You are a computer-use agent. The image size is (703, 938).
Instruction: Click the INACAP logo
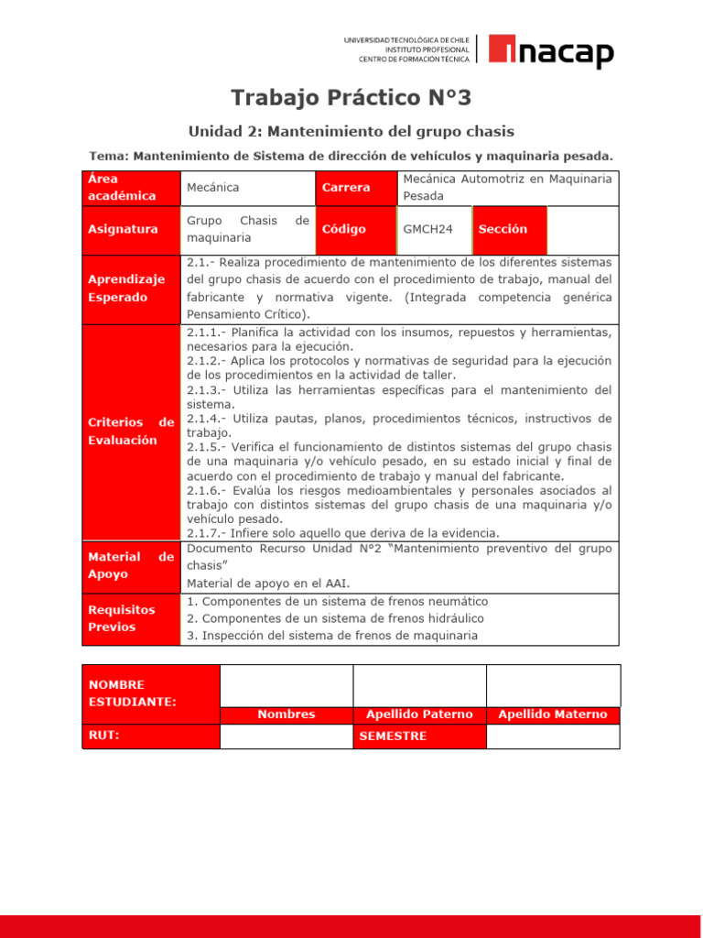[x=550, y=51]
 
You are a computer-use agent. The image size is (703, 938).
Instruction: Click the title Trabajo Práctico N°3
[x=351, y=98]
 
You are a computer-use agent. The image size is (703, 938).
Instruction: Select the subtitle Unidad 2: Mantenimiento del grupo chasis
[x=351, y=131]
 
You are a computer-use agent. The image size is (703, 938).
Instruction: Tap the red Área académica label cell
[x=131, y=187]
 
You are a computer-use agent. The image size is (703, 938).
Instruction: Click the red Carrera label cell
[x=356, y=187]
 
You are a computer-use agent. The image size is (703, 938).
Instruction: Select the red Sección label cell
[x=509, y=229]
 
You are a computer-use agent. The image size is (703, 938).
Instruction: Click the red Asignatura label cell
[x=131, y=229]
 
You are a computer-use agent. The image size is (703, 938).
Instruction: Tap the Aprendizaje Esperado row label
[x=131, y=289]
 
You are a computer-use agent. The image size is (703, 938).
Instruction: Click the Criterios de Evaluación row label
[x=131, y=431]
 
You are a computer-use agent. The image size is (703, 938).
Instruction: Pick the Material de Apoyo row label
[x=131, y=565]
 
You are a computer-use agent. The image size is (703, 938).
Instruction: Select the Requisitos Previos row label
[x=131, y=618]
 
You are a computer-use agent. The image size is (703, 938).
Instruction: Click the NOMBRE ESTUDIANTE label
[x=150, y=693]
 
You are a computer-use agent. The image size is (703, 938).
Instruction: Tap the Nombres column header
[x=286, y=714]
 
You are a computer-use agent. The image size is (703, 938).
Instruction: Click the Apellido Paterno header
[x=419, y=714]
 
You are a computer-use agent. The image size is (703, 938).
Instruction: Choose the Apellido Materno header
[x=552, y=714]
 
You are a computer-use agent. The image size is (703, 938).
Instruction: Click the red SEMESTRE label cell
[x=419, y=736]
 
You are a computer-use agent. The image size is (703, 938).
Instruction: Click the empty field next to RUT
[x=286, y=736]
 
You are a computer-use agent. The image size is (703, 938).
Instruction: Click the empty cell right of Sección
[x=582, y=229]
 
